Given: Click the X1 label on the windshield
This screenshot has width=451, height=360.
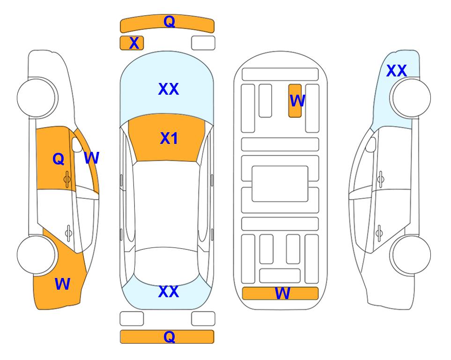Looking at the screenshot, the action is (x=169, y=138).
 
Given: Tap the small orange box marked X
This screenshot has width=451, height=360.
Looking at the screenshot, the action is (x=132, y=43).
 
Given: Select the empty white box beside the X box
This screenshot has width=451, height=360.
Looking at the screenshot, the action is (x=203, y=43).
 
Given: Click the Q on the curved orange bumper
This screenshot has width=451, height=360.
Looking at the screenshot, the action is (x=169, y=21).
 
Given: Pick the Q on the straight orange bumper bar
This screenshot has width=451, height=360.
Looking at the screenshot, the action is (x=169, y=337).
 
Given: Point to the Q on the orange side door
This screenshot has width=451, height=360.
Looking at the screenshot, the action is (x=59, y=159).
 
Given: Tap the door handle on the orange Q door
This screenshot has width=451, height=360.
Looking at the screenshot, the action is (x=67, y=179).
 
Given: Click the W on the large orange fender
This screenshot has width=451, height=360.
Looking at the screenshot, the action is (x=62, y=284).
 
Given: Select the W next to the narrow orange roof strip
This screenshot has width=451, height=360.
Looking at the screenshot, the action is (x=92, y=157).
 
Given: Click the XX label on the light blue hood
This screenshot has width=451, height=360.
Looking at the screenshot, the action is (x=169, y=89).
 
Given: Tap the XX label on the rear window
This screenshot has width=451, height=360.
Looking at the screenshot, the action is (x=169, y=292).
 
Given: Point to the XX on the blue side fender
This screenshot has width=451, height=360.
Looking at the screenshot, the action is (x=397, y=71).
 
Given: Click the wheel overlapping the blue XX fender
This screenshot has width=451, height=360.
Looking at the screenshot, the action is (x=410, y=98).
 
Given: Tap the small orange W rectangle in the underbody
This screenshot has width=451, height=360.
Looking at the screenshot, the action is (x=295, y=101).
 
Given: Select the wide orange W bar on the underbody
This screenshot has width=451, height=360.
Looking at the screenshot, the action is (x=281, y=293).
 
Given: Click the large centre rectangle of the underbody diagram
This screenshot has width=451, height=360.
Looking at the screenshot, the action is (x=280, y=184).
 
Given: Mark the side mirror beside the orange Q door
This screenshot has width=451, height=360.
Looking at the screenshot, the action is (x=77, y=145).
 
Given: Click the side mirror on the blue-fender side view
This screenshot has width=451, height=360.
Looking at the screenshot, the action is (x=371, y=145).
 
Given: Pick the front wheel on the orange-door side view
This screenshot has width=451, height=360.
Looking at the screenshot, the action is (x=37, y=98).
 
